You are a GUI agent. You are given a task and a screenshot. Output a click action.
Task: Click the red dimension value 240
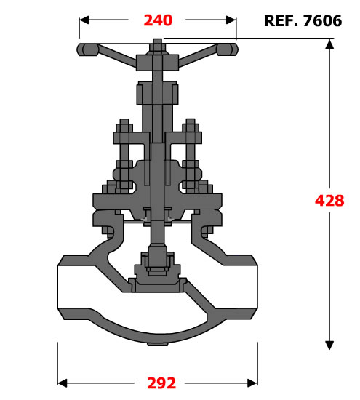tap(158, 20)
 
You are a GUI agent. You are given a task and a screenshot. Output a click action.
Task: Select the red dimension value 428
tap(329, 201)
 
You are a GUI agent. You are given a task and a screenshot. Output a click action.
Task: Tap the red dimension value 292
tap(161, 383)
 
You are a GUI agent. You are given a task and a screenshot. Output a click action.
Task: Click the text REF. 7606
tap(303, 20)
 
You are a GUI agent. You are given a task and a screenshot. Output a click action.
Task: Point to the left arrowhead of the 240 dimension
tap(84, 20)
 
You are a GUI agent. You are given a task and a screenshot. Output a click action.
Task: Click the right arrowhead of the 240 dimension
tap(231, 20)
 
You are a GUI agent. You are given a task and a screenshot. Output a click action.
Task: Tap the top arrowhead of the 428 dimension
tap(329, 44)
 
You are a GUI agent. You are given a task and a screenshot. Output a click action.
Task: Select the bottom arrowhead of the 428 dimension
tap(329, 345)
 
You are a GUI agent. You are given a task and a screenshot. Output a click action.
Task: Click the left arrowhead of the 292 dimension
tap(63, 383)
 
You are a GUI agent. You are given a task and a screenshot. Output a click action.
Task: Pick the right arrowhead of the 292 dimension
tap(252, 383)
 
